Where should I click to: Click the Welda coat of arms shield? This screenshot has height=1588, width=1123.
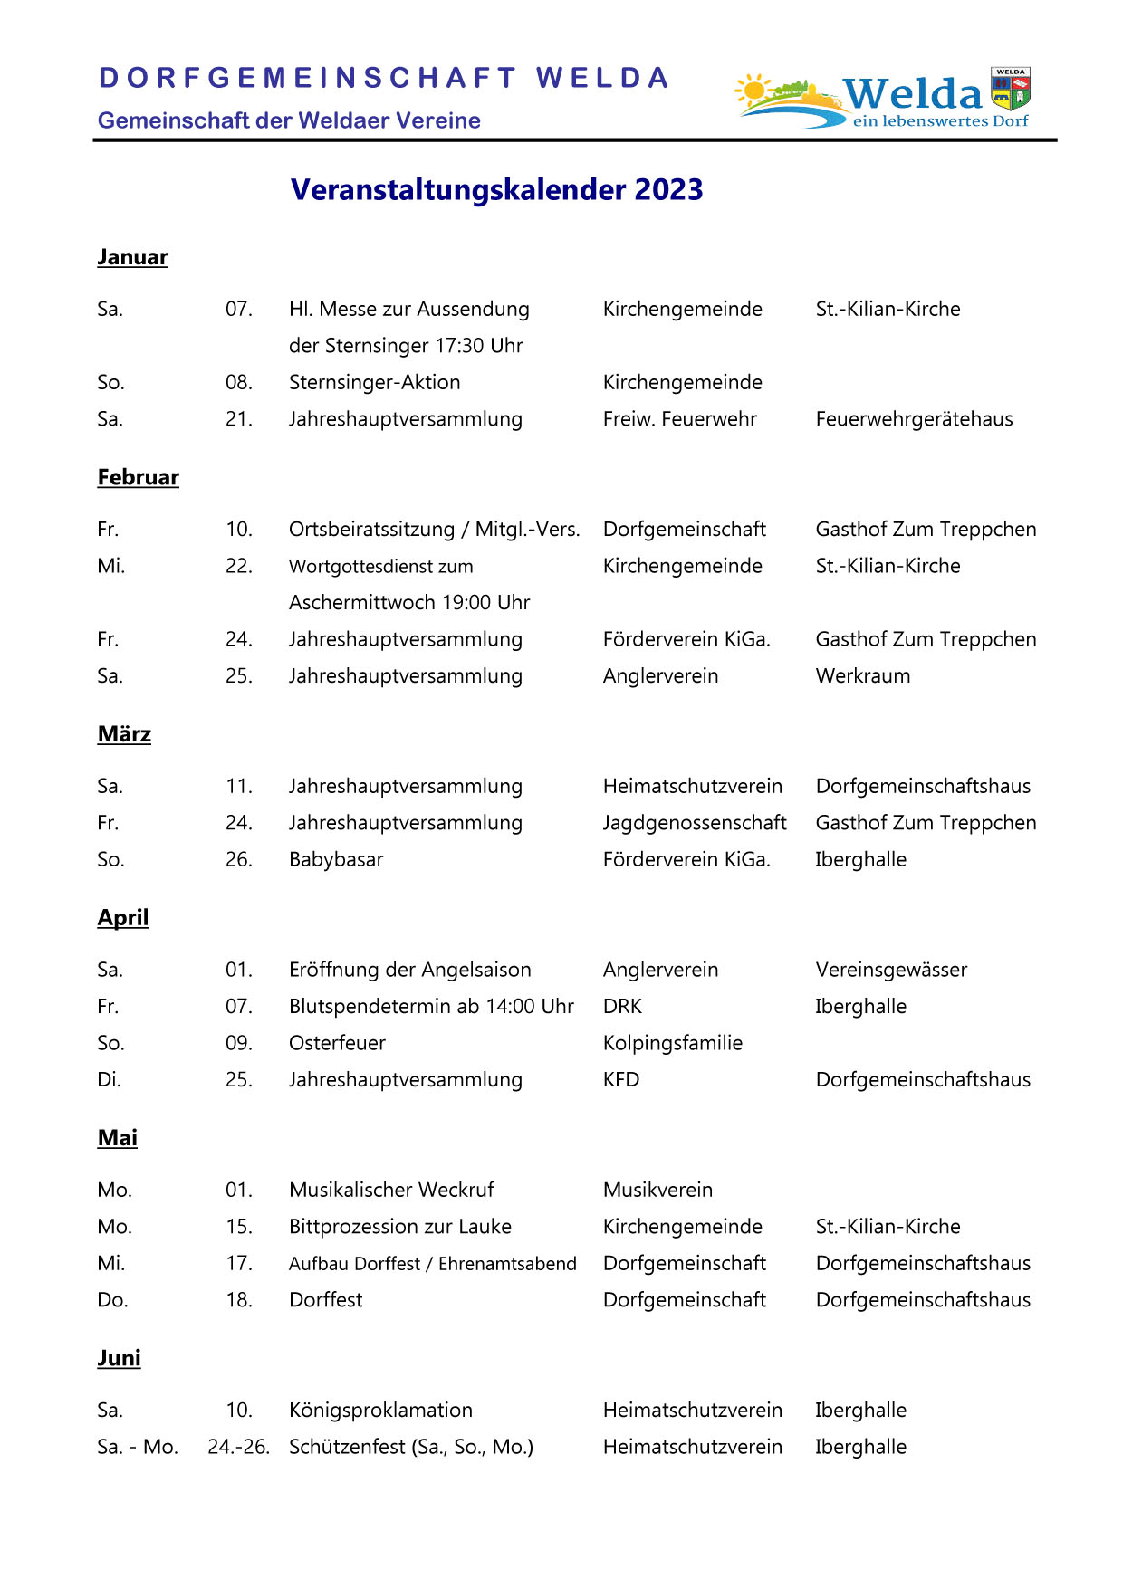point(1010,89)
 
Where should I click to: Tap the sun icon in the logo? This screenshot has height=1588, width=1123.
point(753,91)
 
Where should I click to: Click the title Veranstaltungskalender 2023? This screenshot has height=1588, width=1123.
point(496,190)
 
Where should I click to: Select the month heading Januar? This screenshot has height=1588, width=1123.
point(132,257)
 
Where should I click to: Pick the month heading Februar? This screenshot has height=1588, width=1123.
point(138,477)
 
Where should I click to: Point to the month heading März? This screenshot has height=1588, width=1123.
point(124,734)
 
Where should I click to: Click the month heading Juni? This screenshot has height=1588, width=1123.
point(119,1358)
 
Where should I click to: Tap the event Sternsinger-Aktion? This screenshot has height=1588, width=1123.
point(374,382)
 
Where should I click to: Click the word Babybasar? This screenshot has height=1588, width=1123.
point(336,859)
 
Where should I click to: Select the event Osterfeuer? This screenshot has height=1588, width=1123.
point(337,1043)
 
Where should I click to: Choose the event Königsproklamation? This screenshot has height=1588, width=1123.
point(380,1410)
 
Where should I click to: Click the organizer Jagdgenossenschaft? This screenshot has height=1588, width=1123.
point(695,823)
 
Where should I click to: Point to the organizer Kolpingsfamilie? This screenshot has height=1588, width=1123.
point(672,1043)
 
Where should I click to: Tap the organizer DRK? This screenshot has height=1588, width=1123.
point(622,1007)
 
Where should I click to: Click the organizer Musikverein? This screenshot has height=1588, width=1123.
point(657,1190)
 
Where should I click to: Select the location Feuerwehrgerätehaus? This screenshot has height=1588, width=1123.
point(914,419)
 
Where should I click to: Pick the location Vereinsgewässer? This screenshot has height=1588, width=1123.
point(891,970)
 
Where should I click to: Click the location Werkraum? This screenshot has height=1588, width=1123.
point(862,676)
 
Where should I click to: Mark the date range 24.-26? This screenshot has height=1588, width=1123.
point(239,1447)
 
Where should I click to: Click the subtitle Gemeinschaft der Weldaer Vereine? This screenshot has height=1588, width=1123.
point(289,120)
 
